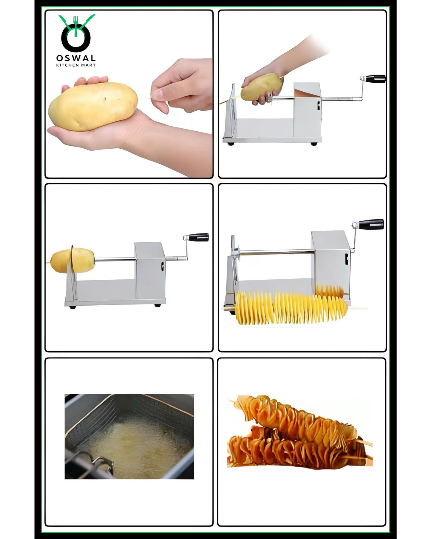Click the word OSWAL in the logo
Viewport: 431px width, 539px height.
[x=76, y=58]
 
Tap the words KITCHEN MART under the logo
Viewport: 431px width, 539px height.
[x=76, y=65]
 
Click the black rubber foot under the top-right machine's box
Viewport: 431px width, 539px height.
[x=313, y=144]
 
